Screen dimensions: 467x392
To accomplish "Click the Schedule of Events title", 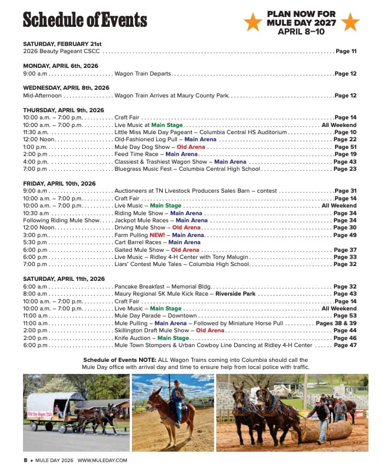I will pos(85,20).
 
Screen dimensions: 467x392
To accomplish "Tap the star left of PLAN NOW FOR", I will pos(253,22).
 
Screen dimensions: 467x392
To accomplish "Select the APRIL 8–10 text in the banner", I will pos(301,31).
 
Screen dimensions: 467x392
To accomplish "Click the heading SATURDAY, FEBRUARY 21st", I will pos(62,44).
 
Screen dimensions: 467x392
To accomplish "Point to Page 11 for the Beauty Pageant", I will pos(346,51).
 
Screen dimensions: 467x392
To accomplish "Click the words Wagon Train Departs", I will pos(143,73).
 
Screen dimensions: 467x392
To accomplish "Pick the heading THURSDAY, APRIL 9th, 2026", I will pos(64,110).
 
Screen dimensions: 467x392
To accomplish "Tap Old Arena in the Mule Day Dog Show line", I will pos(191,147).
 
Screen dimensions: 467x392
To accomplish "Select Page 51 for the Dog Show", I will pos(345,147).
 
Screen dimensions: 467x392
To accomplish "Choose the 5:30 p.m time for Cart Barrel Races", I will pos(36,242).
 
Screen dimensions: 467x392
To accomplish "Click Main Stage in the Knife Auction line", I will pos(173,338).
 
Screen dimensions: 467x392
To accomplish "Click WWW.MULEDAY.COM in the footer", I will pos(102,460).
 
